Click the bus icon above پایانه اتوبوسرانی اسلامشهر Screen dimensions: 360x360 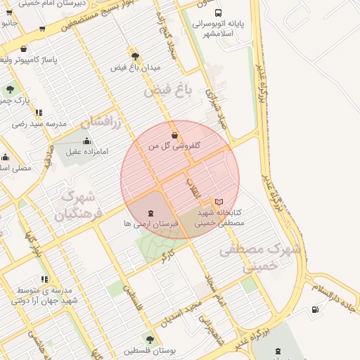(x=218, y=13)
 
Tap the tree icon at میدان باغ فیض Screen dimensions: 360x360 (x=134, y=56)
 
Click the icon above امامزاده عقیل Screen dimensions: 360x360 (x=86, y=141)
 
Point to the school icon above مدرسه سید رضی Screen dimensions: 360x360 (x=38, y=112)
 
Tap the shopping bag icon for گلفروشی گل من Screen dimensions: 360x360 (x=174, y=135)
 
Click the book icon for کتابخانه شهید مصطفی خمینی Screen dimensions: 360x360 (x=218, y=202)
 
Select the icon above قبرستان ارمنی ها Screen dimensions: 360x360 (x=150, y=212)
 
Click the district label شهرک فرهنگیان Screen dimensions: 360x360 (x=80, y=203)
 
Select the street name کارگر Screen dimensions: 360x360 (x=167, y=256)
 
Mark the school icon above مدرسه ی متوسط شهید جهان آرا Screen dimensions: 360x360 (x=45, y=280)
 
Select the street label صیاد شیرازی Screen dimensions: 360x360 (x=215, y=105)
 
